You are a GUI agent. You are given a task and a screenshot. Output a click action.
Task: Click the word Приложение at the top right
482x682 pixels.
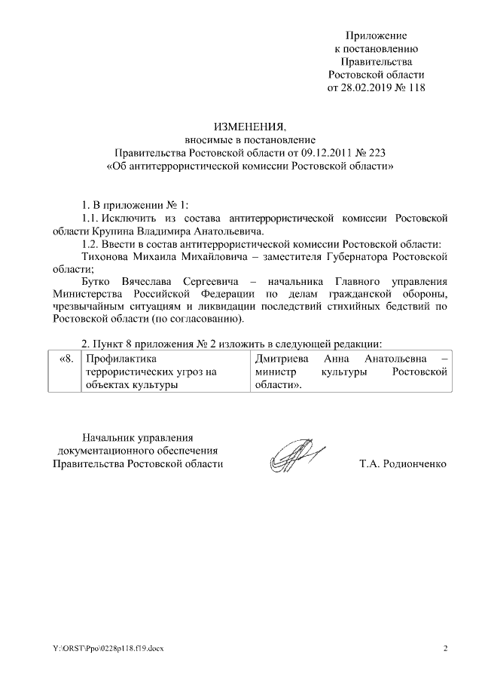[376, 35]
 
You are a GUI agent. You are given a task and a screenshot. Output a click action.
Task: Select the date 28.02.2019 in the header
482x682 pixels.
[368, 87]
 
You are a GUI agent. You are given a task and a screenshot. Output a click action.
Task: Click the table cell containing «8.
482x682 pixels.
[66, 359]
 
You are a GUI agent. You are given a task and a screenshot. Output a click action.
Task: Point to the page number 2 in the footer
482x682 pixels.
[445, 648]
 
